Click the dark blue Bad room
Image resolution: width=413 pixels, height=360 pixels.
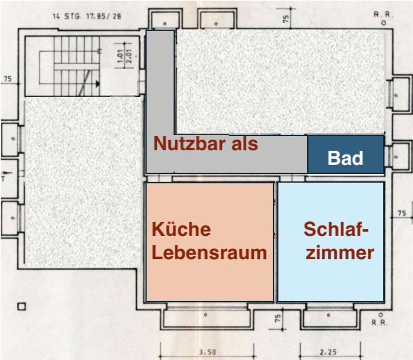tap(346, 154)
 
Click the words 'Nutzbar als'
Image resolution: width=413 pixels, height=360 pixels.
tap(206, 144)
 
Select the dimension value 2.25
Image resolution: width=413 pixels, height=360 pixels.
tap(329, 352)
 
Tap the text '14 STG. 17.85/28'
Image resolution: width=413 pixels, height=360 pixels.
tap(87, 17)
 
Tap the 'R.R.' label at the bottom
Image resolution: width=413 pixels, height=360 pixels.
tap(380, 322)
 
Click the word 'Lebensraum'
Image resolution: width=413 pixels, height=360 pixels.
tap(209, 253)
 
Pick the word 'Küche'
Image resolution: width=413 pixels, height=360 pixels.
tap(181, 229)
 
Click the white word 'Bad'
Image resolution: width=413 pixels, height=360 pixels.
tap(345, 158)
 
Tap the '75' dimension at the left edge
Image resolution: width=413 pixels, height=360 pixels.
tap(7, 79)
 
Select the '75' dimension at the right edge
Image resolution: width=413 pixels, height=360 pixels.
tap(402, 213)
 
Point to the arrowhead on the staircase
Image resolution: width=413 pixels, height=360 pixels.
tap(98, 84)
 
